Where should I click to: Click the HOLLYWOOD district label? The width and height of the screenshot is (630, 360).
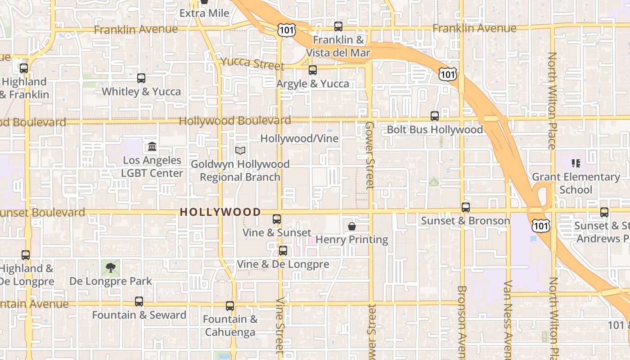[220, 212]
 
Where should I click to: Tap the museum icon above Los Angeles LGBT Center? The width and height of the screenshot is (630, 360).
[152, 147]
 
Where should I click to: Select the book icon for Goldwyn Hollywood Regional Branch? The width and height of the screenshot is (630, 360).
[240, 150]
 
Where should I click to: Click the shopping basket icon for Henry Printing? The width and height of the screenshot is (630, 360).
[352, 226]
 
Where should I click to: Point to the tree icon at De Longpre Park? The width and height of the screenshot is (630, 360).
[110, 268]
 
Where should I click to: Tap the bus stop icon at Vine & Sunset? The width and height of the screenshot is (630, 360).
[277, 219]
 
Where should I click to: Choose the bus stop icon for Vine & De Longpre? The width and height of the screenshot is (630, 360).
[283, 251]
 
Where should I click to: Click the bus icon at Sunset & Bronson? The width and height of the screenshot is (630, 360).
[466, 207]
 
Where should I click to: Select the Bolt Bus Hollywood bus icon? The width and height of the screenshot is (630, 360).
[435, 116]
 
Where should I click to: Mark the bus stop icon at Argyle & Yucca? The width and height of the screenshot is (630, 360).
[313, 70]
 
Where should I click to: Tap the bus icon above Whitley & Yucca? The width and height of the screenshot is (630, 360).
[141, 78]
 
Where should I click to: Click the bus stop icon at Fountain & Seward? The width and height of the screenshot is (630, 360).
[139, 301]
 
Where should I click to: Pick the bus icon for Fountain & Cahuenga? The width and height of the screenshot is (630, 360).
[230, 306]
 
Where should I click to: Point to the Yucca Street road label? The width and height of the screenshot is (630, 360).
[252, 63]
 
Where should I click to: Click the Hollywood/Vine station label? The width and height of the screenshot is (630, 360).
[299, 139]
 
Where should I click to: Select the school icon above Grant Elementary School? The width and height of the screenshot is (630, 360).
[576, 163]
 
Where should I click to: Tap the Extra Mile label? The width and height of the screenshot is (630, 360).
[204, 13]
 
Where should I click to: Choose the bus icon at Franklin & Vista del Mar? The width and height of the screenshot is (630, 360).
[338, 27]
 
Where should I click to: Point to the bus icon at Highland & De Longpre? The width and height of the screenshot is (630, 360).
[26, 255]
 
